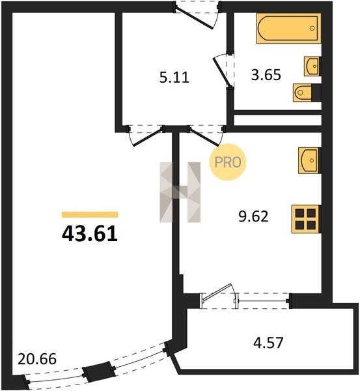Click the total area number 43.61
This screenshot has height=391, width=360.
(x=90, y=235)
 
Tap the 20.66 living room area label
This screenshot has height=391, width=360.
(x=37, y=359)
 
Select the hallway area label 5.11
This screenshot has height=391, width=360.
(x=174, y=77)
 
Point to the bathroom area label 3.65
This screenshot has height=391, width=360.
(x=266, y=75)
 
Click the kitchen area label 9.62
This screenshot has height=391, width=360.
(x=253, y=216)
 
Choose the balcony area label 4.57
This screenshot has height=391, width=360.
(x=268, y=343)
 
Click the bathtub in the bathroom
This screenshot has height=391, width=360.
(x=288, y=28)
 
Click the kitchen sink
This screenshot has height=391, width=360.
(x=309, y=160)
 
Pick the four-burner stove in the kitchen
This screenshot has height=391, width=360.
(x=306, y=219)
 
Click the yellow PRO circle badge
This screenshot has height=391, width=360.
(x=227, y=162)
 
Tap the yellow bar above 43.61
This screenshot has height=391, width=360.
(x=90, y=214)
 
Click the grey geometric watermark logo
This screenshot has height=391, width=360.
(x=180, y=192)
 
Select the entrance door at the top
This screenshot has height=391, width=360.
(x=196, y=15)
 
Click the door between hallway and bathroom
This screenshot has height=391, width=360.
(x=223, y=70)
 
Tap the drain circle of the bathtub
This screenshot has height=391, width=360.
(x=312, y=28)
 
